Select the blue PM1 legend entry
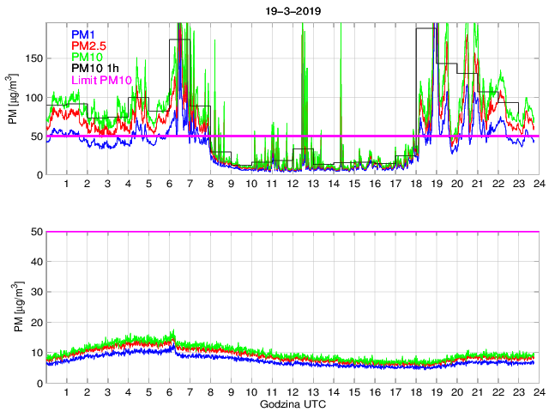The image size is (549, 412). [x=83, y=34]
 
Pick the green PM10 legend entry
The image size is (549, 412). [x=87, y=57]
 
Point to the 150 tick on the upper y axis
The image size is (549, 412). [x=35, y=58]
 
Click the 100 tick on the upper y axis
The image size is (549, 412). [x=35, y=97]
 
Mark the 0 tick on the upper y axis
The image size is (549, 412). [x=40, y=175]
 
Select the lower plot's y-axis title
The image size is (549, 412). [x=13, y=306]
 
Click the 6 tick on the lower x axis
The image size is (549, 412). [x=169, y=392]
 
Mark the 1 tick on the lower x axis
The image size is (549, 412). [x=67, y=392]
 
